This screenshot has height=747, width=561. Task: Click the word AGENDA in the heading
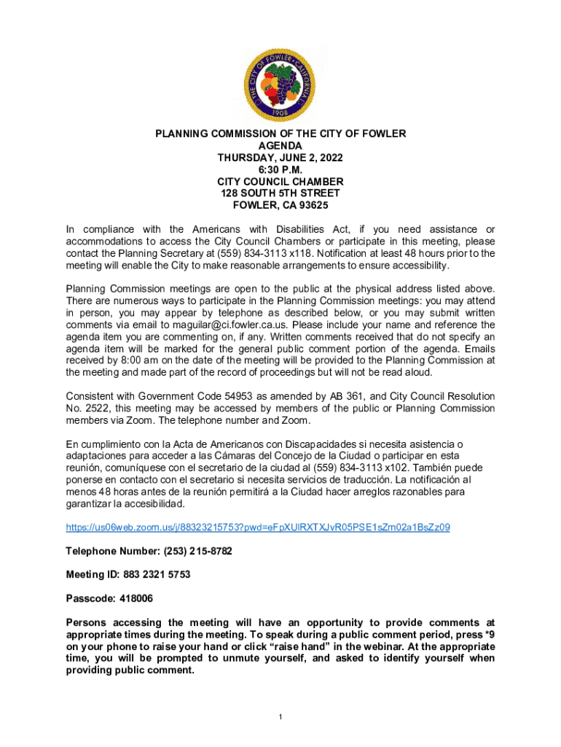pos(280,146)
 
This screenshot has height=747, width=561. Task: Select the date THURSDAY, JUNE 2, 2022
pos(280,158)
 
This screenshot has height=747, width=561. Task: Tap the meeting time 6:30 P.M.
pos(280,169)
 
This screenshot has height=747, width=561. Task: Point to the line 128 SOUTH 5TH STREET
pos(280,193)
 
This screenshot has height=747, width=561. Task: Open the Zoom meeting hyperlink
pos(257,527)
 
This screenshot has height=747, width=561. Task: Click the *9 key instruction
pos(489,635)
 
